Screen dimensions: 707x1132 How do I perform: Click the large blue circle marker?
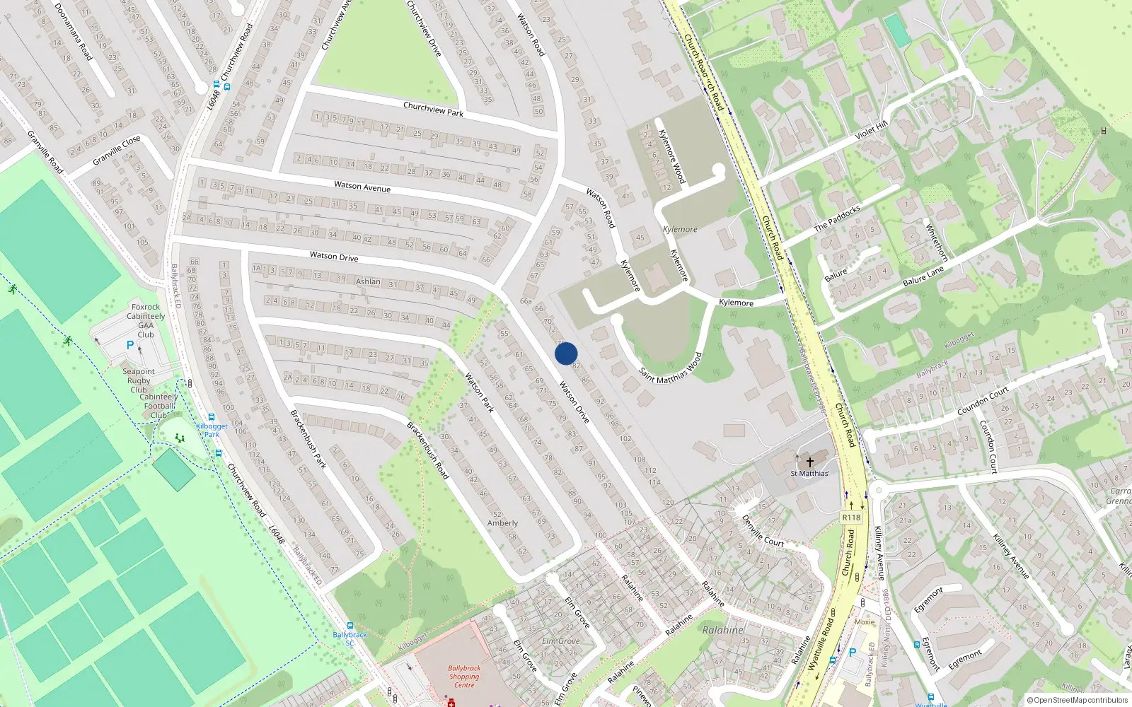pos(566,353)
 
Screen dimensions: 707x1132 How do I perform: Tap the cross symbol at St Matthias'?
pos(810,462)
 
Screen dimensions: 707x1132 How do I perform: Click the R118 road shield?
pos(851,518)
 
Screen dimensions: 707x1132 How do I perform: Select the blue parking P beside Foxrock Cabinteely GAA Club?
pos(129,346)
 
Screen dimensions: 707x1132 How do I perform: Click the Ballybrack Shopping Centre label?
pos(464,677)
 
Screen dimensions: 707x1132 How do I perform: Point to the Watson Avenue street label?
pos(362,187)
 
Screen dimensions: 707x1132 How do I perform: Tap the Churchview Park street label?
pos(433,109)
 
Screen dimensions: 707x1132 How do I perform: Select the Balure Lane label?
pos(923,276)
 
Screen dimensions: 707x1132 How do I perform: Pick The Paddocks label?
pos(837,218)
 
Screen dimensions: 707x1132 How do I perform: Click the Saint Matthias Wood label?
pos(671,368)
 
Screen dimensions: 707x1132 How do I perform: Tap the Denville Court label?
pos(763,531)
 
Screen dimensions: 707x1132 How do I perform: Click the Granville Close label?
pos(117,151)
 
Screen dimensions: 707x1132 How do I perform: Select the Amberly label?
pos(502,523)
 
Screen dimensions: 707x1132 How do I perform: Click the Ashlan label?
pos(368,281)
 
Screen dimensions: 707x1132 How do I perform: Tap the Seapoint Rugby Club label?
pos(139,380)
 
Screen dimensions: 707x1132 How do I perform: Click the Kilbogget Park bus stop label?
pos(212,430)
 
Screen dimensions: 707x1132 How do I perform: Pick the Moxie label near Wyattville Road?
pos(865,622)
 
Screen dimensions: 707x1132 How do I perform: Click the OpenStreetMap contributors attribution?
pos(1078,700)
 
